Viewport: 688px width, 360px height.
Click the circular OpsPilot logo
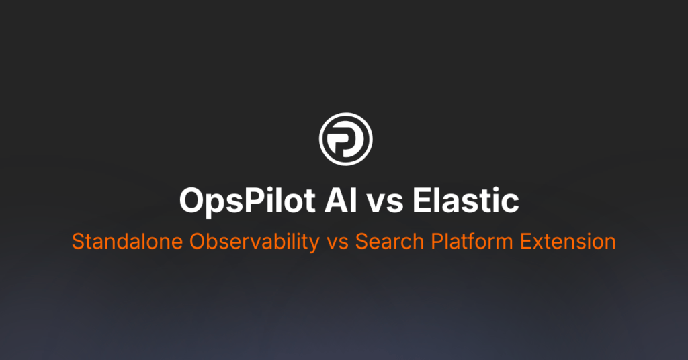pyautogui.click(x=345, y=140)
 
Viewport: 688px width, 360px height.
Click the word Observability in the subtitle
pyautogui.click(x=247, y=242)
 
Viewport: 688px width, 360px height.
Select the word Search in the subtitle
pyautogui.click(x=384, y=242)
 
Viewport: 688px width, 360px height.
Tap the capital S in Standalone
pyautogui.click(x=77, y=242)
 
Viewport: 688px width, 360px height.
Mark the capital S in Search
pyautogui.click(x=361, y=242)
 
